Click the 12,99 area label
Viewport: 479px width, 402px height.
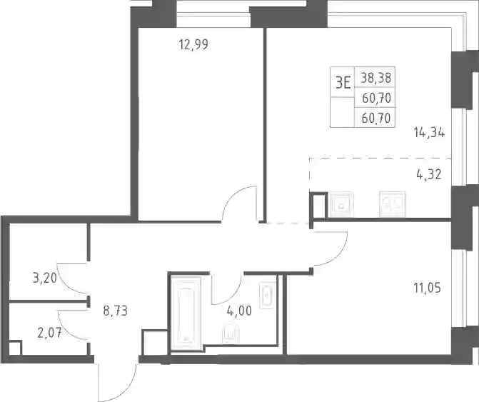click(193, 44)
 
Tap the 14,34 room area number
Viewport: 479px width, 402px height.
click(429, 133)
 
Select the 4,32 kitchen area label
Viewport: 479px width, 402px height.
click(429, 175)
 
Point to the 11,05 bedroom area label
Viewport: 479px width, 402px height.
click(428, 288)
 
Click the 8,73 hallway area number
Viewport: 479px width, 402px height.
click(115, 311)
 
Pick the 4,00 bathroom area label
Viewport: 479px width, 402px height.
click(239, 311)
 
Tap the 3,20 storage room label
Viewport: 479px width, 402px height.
click(44, 278)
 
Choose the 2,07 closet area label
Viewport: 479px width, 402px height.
click(49, 333)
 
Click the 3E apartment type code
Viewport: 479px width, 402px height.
click(343, 83)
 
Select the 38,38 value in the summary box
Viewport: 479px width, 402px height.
click(375, 78)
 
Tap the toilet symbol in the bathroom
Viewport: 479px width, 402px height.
click(231, 332)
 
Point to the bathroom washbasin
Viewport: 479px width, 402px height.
click(267, 296)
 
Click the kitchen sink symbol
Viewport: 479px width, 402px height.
click(341, 204)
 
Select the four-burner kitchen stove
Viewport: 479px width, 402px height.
click(392, 203)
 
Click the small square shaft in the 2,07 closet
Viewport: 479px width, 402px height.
click(15, 348)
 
